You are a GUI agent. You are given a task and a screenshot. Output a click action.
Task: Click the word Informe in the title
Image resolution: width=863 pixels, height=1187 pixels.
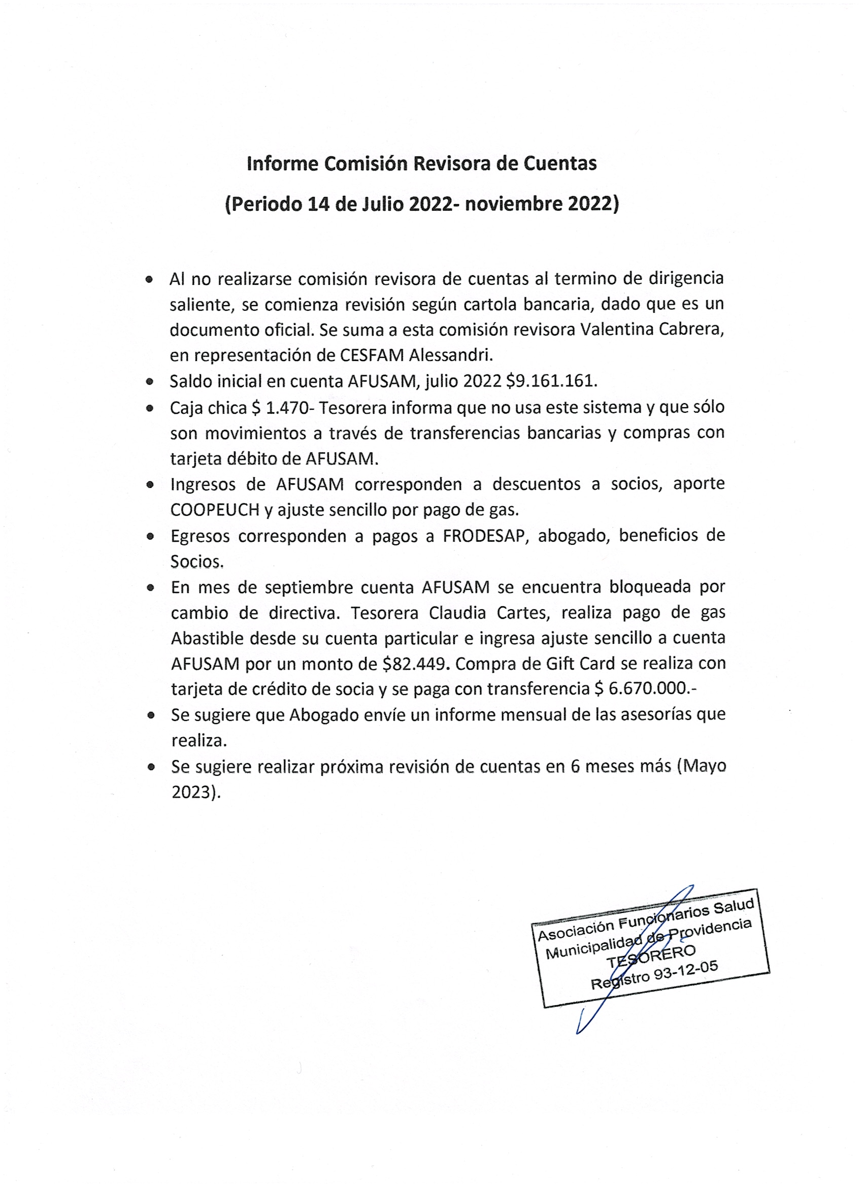[282, 164]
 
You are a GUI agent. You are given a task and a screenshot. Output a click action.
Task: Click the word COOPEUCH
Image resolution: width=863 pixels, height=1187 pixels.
[215, 510]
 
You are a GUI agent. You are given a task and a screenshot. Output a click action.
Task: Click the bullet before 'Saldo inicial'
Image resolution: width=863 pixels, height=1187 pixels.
[150, 382]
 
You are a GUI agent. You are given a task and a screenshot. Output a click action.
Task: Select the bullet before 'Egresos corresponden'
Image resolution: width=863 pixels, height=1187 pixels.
[150, 537]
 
